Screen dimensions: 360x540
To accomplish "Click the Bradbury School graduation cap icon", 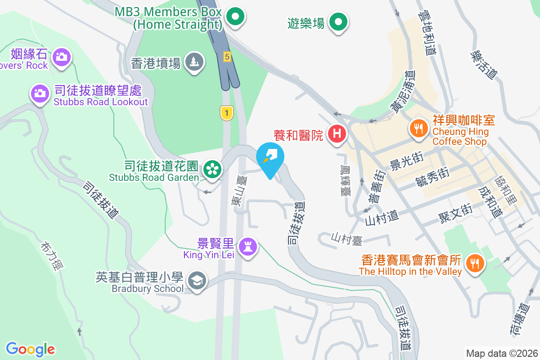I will pos(197,281).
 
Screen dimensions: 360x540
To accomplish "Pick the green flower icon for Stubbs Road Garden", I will pos(211,169).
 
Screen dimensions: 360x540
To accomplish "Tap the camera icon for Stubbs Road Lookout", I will pos(40,94).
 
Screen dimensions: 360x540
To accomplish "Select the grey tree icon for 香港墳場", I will pos(195,62).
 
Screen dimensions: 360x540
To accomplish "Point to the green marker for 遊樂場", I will pos(338,21).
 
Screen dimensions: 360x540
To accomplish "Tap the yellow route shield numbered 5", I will pos(228,57).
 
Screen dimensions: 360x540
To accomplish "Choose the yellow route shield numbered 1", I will pos(227,113).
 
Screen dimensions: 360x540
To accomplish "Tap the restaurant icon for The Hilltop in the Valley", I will pos(474,263).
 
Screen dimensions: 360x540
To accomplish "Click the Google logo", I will pos(31,349).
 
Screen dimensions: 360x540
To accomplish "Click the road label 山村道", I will pos(382,218).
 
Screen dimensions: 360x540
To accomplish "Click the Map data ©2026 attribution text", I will pos(502,353).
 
